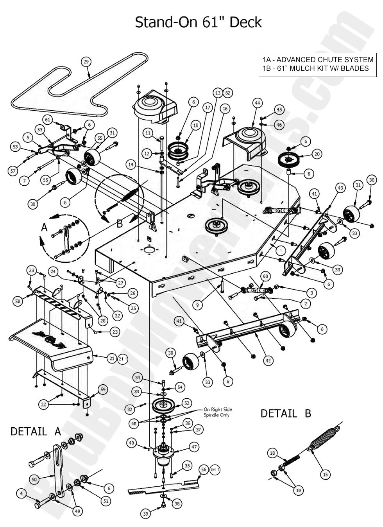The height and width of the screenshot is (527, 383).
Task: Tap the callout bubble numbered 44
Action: pyautogui.click(x=257, y=103)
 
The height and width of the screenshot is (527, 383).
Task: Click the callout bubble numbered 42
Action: pyautogui.click(x=268, y=361)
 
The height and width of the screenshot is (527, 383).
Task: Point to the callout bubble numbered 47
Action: pyautogui.click(x=195, y=447)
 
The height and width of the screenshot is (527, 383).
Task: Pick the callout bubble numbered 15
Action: pyautogui.click(x=325, y=475)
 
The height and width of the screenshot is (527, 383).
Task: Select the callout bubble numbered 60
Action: pyautogui.click(x=265, y=276)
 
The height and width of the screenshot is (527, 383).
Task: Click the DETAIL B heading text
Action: pyautogui.click(x=286, y=414)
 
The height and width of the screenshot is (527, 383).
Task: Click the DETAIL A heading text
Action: pyautogui.click(x=36, y=432)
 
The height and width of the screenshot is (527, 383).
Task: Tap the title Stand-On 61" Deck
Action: pyautogui.click(x=198, y=22)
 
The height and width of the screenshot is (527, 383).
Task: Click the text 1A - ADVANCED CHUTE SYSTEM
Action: pyautogui.click(x=318, y=60)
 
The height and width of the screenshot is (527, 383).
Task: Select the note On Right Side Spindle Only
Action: pyautogui.click(x=218, y=412)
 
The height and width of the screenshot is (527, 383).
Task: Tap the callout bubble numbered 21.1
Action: pyautogui.click(x=123, y=358)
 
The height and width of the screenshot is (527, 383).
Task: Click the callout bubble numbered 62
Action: pyautogui.click(x=228, y=93)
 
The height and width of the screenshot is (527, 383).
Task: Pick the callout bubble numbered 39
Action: pyautogui.click(x=145, y=514)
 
